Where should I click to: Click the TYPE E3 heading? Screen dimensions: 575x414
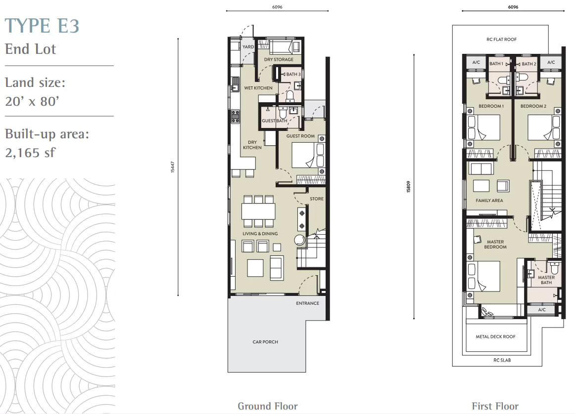(x=42, y=26)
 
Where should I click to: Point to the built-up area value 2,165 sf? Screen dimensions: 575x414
(x=30, y=152)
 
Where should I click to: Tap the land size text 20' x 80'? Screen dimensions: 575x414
(x=32, y=101)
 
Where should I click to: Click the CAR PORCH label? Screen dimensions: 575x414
(x=265, y=342)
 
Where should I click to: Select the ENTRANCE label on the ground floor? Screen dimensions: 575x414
(x=307, y=303)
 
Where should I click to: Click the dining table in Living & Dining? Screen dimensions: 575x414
(x=258, y=211)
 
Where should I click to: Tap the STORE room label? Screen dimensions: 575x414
(x=317, y=199)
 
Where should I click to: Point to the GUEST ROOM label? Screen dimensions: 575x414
(x=300, y=136)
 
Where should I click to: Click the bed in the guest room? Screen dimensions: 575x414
(x=308, y=155)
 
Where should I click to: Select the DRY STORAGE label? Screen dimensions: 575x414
(x=279, y=59)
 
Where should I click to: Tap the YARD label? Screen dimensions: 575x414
(x=248, y=47)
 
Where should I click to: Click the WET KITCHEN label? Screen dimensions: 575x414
(x=258, y=88)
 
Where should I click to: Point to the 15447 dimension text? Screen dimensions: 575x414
(x=172, y=167)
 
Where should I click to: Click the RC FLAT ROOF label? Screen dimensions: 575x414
(x=501, y=40)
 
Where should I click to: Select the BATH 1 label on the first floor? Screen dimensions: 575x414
(x=496, y=64)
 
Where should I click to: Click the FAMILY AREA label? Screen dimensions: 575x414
(x=489, y=201)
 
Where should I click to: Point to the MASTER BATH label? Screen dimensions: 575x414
(x=546, y=280)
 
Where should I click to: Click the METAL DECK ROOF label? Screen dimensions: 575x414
(x=495, y=337)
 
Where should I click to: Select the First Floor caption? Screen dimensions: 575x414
(x=495, y=406)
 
